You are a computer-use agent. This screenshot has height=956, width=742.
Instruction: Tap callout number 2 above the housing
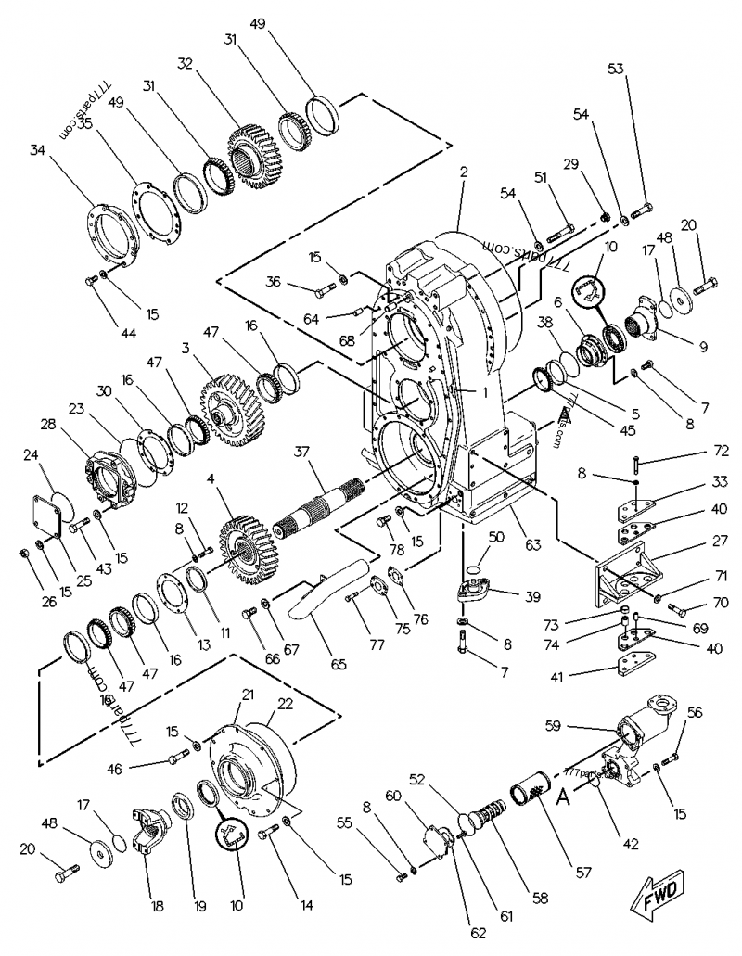click(x=463, y=172)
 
